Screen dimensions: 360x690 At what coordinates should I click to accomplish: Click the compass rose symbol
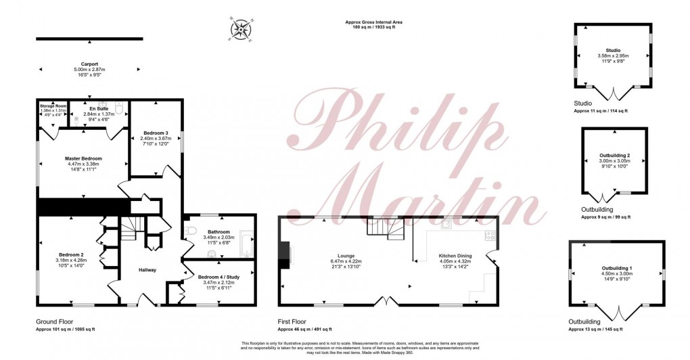tap(240, 28)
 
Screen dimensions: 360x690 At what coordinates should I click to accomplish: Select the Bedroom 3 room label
tap(156, 133)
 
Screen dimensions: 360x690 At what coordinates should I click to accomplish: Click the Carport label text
tap(89, 64)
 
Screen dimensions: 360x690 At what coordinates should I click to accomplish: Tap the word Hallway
tap(147, 270)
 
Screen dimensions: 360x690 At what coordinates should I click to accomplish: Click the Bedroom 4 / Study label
tap(221, 277)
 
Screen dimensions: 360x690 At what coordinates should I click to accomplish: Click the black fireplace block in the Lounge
tap(285, 255)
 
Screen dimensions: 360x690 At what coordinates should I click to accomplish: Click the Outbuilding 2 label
tap(615, 155)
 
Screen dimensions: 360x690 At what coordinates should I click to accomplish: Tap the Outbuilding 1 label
tap(616, 269)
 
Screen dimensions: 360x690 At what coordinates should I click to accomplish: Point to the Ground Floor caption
tap(55, 322)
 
